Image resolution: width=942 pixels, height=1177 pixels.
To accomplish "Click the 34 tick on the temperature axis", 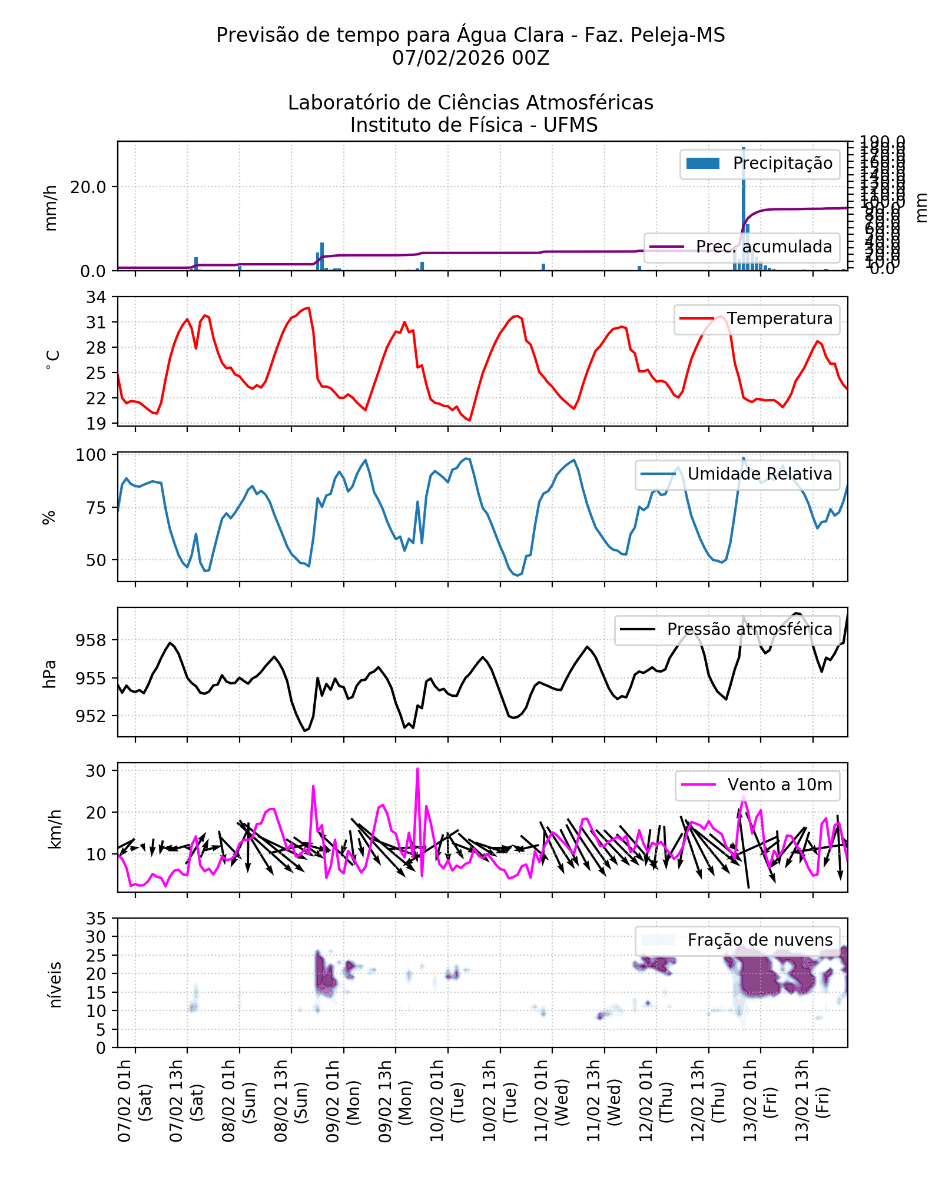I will click(x=97, y=297).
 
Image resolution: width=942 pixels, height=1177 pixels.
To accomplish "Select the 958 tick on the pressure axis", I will click(x=91, y=640).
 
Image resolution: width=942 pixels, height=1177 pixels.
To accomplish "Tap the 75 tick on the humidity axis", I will click(x=97, y=508).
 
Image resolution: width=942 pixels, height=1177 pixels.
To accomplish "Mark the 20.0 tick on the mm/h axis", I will click(x=88, y=187).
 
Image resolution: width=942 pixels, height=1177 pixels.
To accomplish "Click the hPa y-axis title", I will click(x=50, y=674).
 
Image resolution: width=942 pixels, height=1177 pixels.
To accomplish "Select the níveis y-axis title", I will click(x=55, y=985).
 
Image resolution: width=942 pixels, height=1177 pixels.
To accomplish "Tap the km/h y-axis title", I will click(x=54, y=829).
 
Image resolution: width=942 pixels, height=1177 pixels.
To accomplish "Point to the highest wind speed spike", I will click(x=417, y=770).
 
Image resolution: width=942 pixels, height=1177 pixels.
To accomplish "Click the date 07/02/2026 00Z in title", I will click(x=470, y=58).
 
